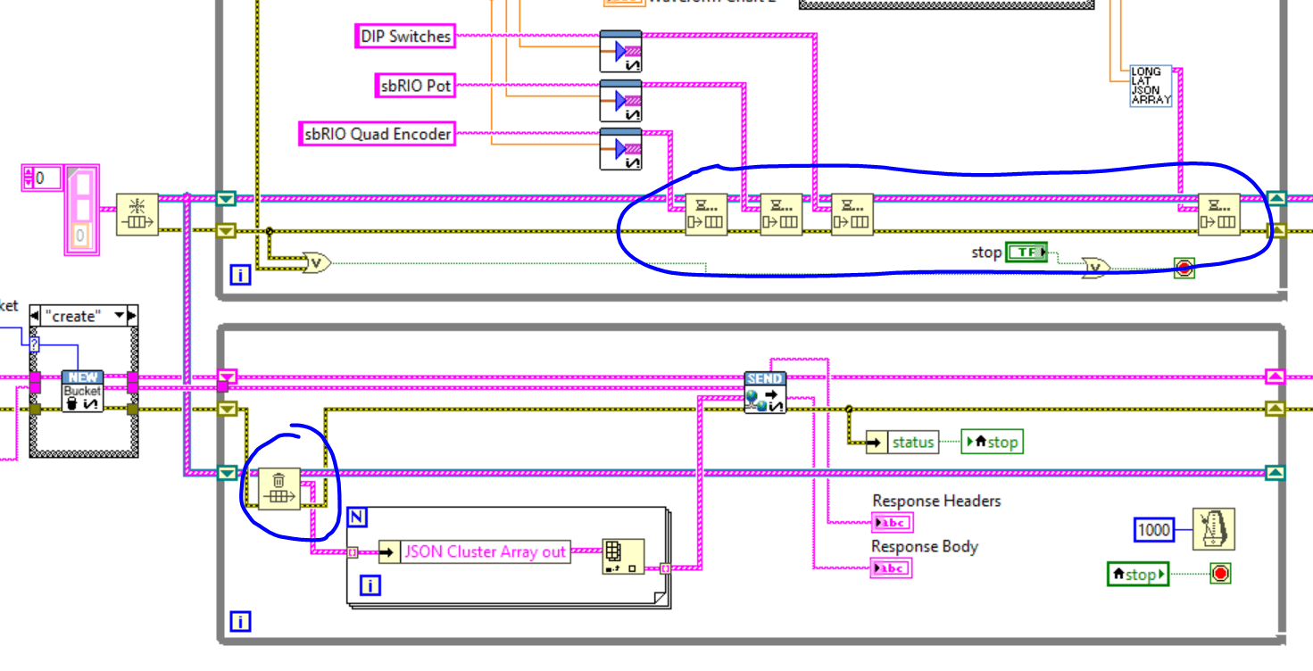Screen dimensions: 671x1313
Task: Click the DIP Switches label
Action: [406, 37]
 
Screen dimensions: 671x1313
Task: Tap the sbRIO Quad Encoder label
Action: [377, 135]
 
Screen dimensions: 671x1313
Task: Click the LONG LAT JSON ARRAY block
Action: [1151, 86]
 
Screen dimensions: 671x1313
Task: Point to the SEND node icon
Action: [765, 393]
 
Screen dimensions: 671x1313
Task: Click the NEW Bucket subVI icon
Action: [82, 392]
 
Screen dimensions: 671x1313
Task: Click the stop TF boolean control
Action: [1026, 253]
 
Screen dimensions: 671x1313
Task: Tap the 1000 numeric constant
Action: [1153, 529]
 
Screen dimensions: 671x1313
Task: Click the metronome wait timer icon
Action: [1213, 529]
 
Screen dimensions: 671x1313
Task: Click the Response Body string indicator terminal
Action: [891, 568]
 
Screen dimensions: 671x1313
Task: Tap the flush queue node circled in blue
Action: [279, 488]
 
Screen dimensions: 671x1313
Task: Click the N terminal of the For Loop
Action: [357, 517]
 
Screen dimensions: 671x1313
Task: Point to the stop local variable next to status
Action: [992, 442]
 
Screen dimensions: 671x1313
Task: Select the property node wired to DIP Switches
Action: [620, 51]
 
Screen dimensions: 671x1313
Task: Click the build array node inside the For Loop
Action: [622, 556]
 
